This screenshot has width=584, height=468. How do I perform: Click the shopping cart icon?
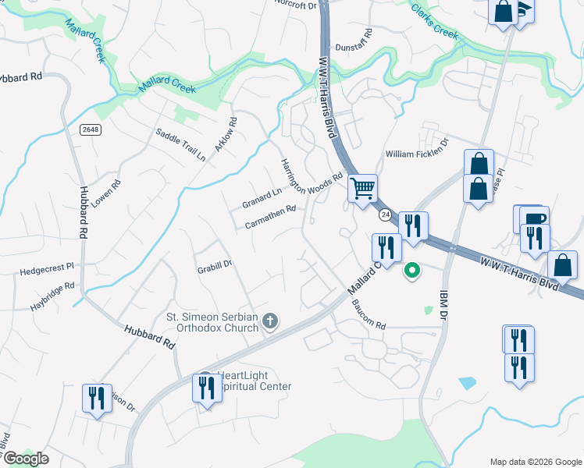click(x=362, y=188)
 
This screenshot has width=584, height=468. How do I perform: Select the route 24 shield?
click(x=385, y=214)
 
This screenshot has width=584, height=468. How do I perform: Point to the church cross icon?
click(x=269, y=321)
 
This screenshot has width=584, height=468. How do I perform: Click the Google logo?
click(x=25, y=458)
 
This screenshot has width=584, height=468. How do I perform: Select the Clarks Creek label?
click(x=434, y=22)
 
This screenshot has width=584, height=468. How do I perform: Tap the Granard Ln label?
click(x=262, y=198)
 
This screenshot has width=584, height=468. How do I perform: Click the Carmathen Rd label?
click(x=270, y=218)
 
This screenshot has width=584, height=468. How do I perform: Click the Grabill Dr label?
click(x=215, y=265)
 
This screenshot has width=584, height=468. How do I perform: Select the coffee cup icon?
click(x=534, y=218)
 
